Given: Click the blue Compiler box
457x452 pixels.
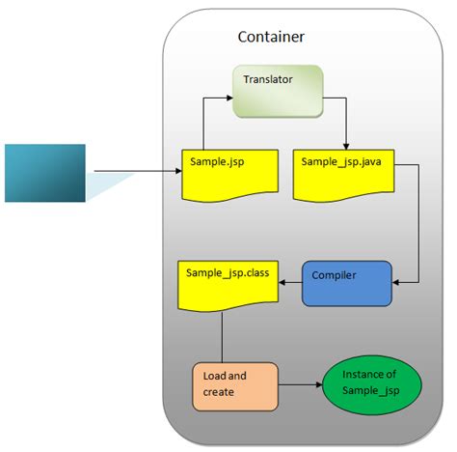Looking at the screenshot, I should click(347, 283).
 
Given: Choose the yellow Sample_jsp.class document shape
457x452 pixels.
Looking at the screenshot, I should click(228, 283).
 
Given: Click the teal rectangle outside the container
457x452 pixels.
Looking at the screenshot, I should click(44, 172).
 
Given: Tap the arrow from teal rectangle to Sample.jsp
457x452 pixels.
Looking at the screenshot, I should click(135, 173).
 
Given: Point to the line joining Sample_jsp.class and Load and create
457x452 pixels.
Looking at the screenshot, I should click(224, 338).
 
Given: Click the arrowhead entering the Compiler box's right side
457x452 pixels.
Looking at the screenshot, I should click(397, 283).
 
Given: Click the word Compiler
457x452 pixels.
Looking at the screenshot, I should click(335, 275).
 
